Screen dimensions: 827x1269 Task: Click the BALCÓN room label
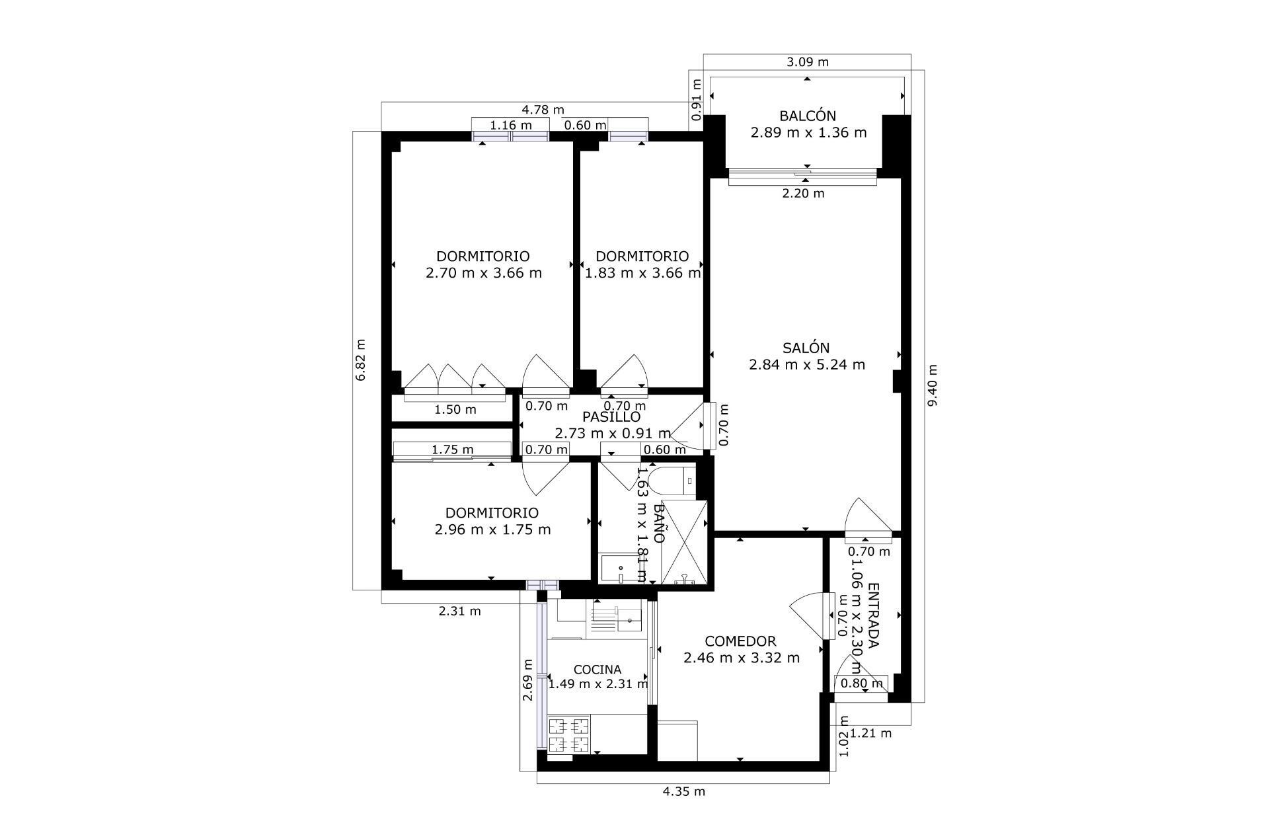807,116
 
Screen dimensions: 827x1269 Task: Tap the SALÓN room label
806,348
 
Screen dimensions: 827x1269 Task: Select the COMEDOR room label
740,641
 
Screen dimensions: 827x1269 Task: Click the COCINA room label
597,670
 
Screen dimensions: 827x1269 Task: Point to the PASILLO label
611,417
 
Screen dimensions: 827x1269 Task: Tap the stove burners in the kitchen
568,735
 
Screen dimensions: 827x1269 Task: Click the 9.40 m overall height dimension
933,386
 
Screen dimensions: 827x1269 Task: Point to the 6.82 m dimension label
360,360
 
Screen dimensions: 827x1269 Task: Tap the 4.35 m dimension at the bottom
683,791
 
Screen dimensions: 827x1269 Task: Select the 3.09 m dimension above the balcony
807,62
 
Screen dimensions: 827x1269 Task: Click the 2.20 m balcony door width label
803,194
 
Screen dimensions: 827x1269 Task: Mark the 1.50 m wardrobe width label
455,410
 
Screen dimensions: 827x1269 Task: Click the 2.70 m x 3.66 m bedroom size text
483,273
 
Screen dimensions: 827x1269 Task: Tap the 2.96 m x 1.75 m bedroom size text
492,530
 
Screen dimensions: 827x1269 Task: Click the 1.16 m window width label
510,125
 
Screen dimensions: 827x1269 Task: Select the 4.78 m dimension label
543,110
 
